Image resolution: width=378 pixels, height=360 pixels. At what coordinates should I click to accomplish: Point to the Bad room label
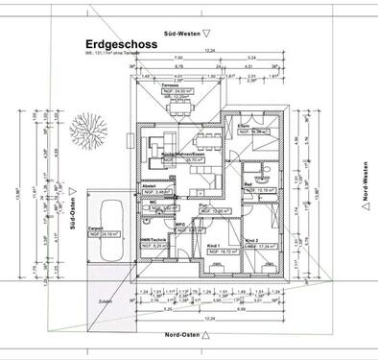(248, 184)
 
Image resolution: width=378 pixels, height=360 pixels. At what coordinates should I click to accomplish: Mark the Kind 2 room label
(251, 240)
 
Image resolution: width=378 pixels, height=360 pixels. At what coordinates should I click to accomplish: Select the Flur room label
(203, 204)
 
